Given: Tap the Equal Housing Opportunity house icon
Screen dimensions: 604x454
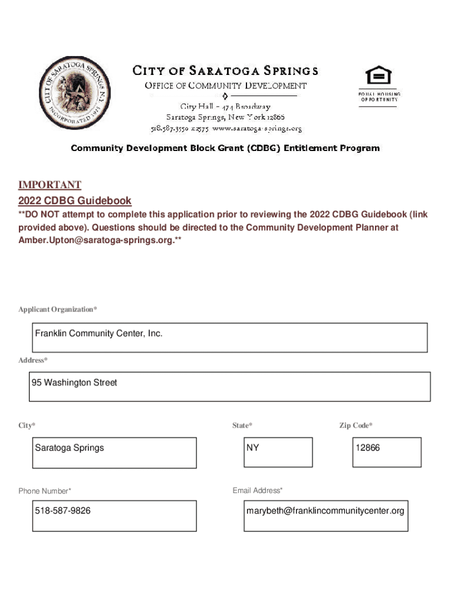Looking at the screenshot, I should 379,76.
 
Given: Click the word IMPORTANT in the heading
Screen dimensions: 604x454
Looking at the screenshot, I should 50,185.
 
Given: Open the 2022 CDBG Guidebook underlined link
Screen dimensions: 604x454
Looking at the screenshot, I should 75,201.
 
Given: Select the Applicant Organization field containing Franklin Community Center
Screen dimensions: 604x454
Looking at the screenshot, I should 230,337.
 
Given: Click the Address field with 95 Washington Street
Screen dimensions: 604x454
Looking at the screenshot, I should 230,386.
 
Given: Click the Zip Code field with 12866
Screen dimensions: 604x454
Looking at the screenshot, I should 387,452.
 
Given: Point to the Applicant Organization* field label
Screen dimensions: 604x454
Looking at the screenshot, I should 58,310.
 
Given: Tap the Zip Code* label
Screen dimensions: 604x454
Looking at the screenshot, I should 356,425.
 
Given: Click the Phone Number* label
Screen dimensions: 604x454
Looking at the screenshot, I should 45,491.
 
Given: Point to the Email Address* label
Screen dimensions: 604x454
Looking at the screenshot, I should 258,490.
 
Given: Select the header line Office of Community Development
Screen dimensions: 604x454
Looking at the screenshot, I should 226,86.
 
